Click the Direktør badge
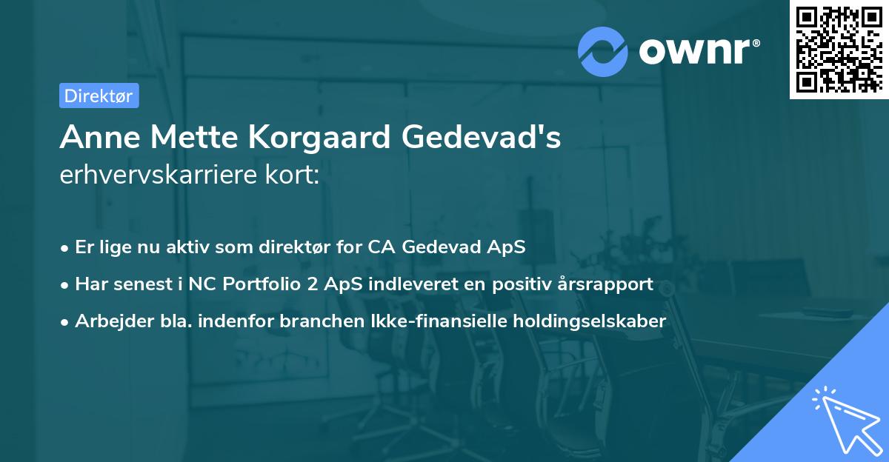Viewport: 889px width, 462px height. pos(99,96)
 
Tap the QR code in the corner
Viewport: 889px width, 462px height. pos(838,49)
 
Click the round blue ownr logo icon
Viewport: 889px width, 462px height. pos(603,51)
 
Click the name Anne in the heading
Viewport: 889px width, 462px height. pos(92,138)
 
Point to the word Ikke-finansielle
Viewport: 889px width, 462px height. pos(439,321)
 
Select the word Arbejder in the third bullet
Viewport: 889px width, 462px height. pos(108,321)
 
